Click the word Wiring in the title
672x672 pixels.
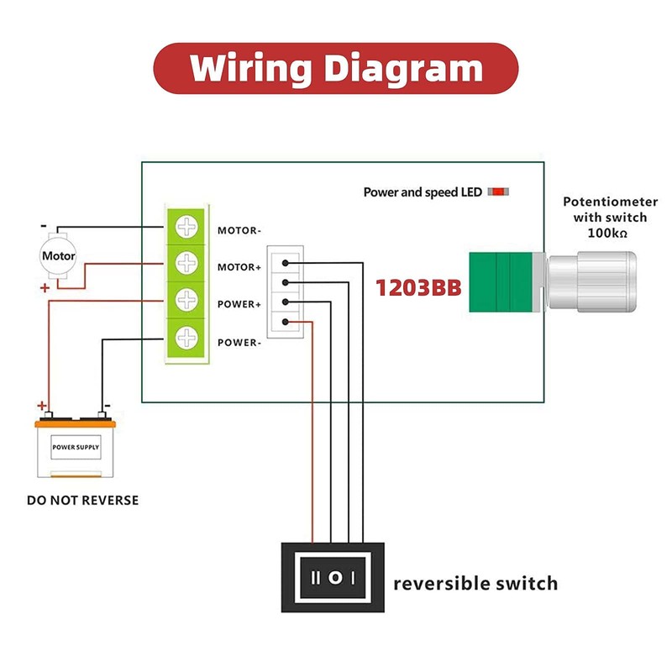coord(250,69)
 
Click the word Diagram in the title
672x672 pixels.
coord(403,69)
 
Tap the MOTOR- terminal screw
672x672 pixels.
coord(186,226)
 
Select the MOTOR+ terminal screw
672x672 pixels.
coord(186,263)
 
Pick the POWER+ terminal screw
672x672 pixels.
coord(186,299)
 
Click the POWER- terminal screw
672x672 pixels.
coord(186,338)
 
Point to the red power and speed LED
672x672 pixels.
coord(498,192)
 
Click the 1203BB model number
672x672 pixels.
coord(418,287)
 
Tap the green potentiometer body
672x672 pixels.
coord(501,282)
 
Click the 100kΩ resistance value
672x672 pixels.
coord(607,234)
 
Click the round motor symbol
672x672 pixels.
coord(58,256)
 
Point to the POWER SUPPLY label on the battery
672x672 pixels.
coord(76,447)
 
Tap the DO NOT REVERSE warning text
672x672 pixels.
coord(82,500)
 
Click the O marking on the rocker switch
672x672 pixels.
coord(335,578)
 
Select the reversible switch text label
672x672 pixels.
coord(475,583)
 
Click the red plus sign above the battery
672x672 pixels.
coord(41,405)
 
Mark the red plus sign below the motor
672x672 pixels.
coord(45,288)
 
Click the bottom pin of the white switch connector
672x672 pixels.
coord(286,322)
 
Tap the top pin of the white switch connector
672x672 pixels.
coord(286,263)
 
